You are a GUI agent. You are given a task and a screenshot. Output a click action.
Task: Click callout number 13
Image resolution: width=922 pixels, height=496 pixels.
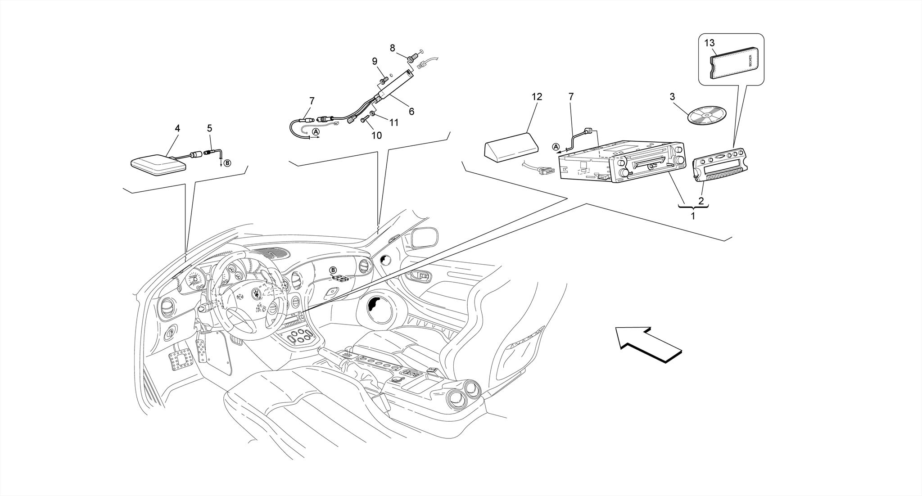pos(710,43)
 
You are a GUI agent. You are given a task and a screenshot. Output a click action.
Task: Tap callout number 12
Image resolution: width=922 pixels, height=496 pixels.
pos(537,97)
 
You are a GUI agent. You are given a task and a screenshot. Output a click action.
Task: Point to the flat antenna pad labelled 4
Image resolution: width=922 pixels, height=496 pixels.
pos(158,165)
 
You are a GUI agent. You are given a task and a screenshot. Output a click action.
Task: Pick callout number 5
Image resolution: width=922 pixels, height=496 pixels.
pos(209,128)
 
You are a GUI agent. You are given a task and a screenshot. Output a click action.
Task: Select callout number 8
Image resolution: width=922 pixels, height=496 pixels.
pos(393,48)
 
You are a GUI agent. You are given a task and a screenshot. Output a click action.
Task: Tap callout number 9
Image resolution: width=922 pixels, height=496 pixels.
pos(375,62)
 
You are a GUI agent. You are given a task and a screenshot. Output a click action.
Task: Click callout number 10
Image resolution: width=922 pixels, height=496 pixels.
pos(376,135)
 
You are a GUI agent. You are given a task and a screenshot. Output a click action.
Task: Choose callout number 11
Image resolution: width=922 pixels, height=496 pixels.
pos(394,122)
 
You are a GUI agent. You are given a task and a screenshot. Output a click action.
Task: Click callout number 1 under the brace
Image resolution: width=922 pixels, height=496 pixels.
pos(693,216)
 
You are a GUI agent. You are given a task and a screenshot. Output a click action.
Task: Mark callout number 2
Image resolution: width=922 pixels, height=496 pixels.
pos(701,201)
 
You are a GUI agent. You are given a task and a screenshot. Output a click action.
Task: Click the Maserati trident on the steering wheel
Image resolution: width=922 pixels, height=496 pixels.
pos(255,293)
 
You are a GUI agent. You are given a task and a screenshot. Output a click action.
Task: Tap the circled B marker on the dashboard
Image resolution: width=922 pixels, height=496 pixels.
pos(333,270)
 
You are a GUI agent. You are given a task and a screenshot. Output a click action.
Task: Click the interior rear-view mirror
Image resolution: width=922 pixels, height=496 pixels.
pos(424,237)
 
